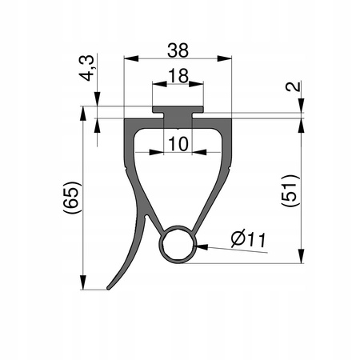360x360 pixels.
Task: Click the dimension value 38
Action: tap(178, 50)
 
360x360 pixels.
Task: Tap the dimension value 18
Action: tap(178, 76)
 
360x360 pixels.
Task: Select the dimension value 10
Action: tap(178, 144)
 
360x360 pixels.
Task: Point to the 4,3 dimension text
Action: tap(87, 68)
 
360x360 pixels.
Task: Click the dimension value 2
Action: tap(294, 87)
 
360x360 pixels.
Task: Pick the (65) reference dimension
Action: tap(71, 198)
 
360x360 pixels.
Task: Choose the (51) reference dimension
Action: tap(290, 190)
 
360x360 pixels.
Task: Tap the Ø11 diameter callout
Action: tap(249, 239)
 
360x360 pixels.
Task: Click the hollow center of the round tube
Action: tap(178, 244)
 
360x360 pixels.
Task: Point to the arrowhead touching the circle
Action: tap(202, 246)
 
